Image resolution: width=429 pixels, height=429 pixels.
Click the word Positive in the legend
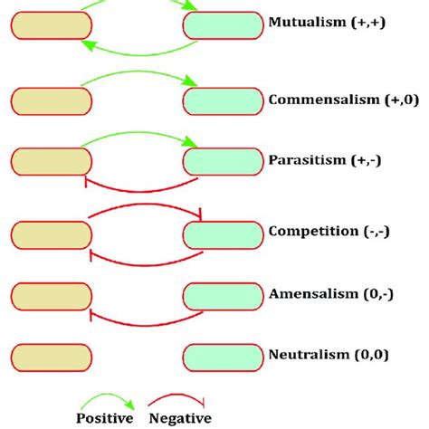(104, 417)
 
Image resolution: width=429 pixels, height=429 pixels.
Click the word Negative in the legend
(181, 417)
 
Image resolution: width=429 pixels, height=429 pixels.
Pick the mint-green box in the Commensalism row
(224, 100)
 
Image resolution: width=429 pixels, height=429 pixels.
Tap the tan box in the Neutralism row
(52, 356)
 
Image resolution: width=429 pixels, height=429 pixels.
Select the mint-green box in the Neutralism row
(224, 356)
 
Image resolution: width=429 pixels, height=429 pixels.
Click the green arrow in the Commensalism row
(138, 81)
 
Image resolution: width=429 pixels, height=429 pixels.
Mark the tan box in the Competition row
(52, 234)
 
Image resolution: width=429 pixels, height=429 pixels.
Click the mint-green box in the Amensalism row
(224, 296)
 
